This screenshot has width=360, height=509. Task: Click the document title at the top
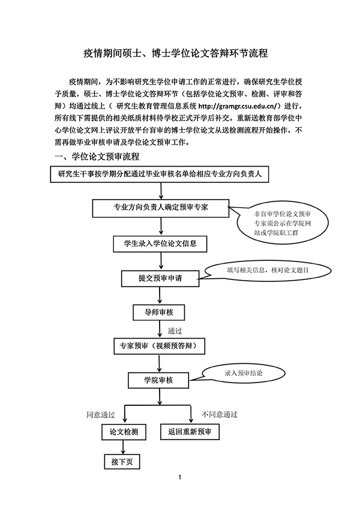pos(179,53)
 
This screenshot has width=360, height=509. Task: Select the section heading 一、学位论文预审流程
pos(97,157)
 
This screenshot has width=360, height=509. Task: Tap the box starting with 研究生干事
pos(160,175)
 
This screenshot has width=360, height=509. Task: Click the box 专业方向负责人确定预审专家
pos(160,207)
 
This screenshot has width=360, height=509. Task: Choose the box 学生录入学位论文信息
pos(160,244)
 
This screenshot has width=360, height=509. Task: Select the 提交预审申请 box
pos(160,278)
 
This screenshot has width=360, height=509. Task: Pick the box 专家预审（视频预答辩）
pos(160,345)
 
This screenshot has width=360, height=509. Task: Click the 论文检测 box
pos(123,432)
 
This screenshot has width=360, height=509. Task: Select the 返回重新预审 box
pos(191,432)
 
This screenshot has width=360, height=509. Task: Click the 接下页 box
pos(122,462)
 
